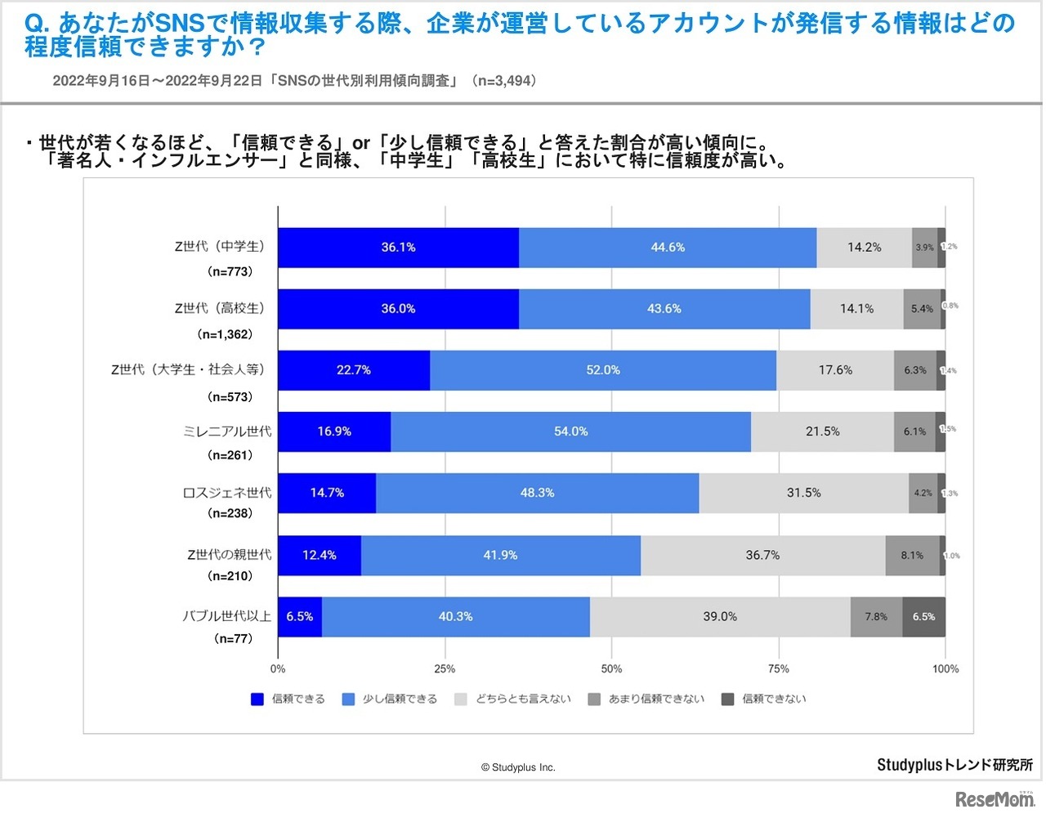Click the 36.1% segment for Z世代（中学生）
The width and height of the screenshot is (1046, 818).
click(398, 248)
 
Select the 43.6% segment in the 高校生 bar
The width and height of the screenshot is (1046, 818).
click(664, 309)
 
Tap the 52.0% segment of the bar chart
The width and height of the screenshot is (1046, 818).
click(602, 370)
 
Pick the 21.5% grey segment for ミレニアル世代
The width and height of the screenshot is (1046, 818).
click(822, 431)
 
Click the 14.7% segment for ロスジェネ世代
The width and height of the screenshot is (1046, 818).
click(327, 493)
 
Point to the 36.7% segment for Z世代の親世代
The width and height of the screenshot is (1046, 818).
click(762, 556)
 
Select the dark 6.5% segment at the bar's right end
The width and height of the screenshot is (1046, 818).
click(923, 617)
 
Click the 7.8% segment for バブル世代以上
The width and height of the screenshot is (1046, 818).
click(876, 617)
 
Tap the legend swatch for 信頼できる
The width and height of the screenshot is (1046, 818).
click(257, 700)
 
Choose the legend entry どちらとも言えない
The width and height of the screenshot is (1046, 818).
click(523, 700)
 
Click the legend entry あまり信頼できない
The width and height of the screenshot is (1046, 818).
click(656, 700)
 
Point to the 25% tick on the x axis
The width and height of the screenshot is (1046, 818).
click(445, 669)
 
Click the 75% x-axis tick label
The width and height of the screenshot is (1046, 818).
click(778, 669)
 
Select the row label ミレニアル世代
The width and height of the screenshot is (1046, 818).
click(227, 431)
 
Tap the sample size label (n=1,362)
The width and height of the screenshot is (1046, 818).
click(225, 334)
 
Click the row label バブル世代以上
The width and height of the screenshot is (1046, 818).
click(226, 616)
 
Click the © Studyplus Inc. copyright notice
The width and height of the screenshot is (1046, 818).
click(518, 767)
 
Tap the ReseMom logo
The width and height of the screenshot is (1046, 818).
click(995, 798)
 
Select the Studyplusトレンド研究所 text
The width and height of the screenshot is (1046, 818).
click(954, 765)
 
